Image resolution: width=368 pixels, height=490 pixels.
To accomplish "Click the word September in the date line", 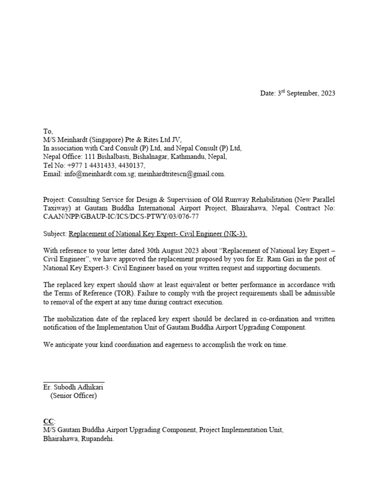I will [302, 93].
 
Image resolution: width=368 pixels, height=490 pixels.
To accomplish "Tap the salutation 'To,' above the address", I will [48, 131].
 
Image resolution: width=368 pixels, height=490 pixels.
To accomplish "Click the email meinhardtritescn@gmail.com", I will [182, 174].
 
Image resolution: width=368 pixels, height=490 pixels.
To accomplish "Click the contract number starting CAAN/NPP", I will [121, 217].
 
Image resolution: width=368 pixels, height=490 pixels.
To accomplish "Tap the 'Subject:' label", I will [55, 234].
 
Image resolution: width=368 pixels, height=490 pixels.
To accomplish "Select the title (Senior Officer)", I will [73, 396].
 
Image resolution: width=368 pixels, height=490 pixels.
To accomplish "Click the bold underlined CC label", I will [48, 421].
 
